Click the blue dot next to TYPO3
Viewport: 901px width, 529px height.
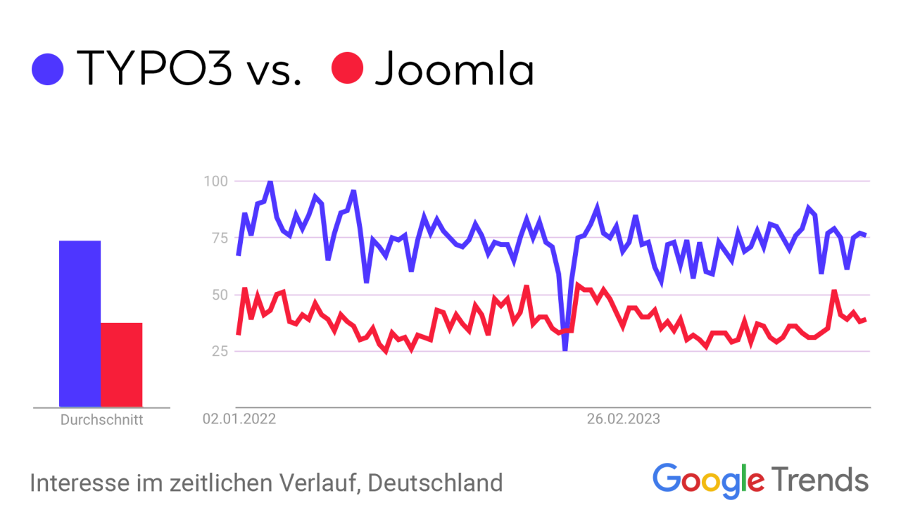click(x=48, y=69)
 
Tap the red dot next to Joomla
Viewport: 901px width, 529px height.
click(x=347, y=68)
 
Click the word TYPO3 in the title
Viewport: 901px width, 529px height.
click(x=154, y=69)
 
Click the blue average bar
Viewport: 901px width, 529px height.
click(x=80, y=324)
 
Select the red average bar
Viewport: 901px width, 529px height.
click(x=121, y=364)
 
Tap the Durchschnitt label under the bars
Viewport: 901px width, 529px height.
click(x=101, y=421)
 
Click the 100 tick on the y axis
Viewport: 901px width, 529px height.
click(x=215, y=181)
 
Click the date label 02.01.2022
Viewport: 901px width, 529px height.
click(x=239, y=420)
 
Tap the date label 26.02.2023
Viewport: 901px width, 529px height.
click(x=624, y=420)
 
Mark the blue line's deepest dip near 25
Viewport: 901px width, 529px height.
click(x=565, y=348)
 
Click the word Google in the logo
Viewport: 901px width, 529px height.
click(x=707, y=480)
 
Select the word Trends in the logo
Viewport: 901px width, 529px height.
click(x=820, y=480)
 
